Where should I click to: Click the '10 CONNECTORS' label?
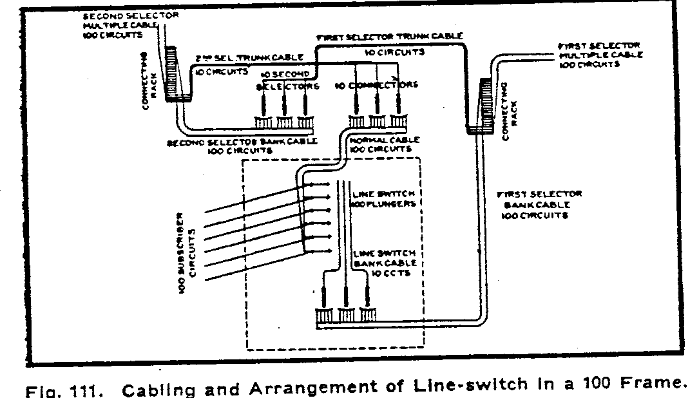tap(377, 84)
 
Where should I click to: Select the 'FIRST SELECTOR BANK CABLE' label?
tap(534, 204)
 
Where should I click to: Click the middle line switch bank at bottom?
tap(345, 316)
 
